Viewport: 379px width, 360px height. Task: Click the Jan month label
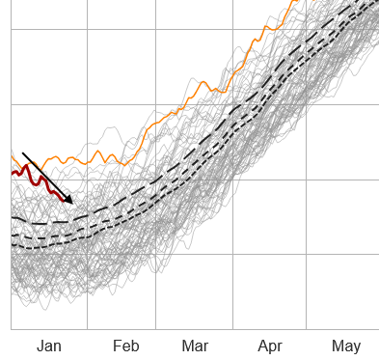point(49,346)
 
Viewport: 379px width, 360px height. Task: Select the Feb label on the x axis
point(125,346)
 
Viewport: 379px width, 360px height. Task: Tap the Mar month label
point(195,346)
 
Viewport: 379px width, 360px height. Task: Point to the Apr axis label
point(270,346)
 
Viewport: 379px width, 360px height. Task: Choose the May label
point(346,346)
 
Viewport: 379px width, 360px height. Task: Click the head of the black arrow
point(72,203)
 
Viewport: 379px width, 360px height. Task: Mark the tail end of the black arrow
point(22,152)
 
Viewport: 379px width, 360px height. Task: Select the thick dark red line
point(39,179)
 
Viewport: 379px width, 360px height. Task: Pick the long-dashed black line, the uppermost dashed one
point(145,183)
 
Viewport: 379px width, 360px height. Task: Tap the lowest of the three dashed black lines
point(145,212)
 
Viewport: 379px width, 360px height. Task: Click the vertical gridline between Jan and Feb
point(87,280)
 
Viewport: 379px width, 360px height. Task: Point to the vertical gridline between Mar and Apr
point(231,280)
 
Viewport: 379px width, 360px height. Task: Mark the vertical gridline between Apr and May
point(307,280)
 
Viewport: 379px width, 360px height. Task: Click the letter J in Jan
point(40,346)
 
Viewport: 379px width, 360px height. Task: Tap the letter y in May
point(357,347)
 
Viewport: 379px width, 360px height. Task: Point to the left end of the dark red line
point(12,174)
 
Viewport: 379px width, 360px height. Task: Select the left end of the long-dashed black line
point(12,218)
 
